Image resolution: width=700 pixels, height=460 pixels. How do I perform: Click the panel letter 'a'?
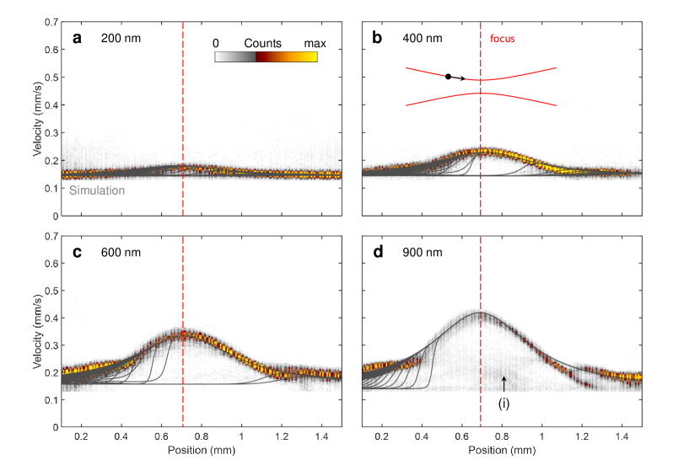tap(77, 39)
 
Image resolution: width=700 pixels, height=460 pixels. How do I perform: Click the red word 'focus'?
tap(502, 39)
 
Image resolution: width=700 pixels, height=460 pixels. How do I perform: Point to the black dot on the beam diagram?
tap(448, 77)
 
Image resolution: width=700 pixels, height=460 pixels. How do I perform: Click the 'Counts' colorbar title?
tap(262, 43)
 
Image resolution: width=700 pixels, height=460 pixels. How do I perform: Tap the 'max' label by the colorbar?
tap(307, 43)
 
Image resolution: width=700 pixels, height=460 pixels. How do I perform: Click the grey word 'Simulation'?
tap(96, 191)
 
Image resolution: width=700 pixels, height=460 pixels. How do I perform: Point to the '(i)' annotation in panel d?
tap(503, 404)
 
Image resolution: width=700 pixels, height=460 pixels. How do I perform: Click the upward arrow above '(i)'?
tap(503, 385)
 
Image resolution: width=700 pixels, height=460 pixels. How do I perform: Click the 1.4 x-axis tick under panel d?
tap(622, 436)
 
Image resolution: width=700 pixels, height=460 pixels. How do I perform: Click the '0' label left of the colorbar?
tap(216, 43)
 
